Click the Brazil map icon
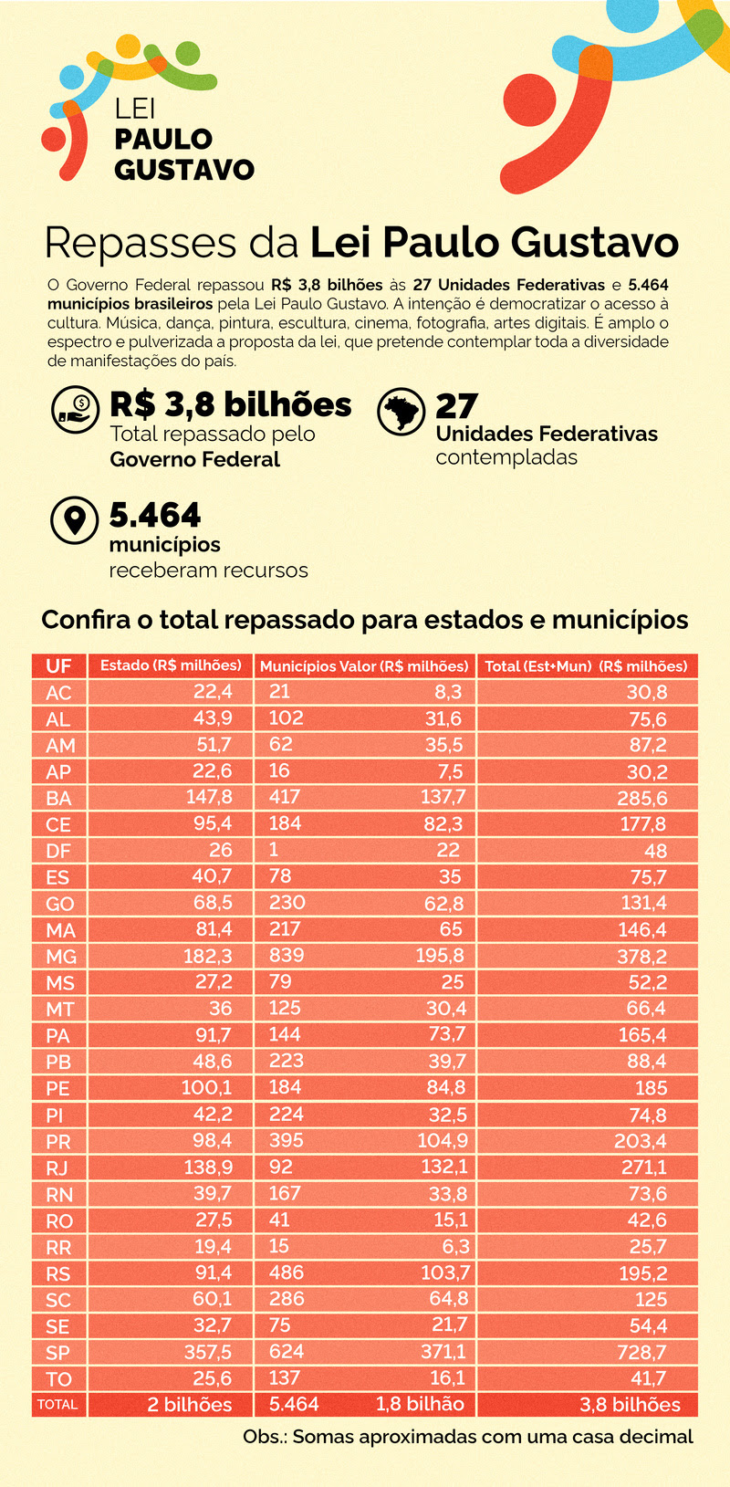[x=401, y=412]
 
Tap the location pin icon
[x=74, y=521]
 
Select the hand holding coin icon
[x=74, y=409]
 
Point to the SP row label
[x=58, y=1353]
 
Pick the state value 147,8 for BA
[x=209, y=797]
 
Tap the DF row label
[x=58, y=850]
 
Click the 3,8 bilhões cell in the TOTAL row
[x=630, y=1405]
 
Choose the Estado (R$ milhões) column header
[x=171, y=665]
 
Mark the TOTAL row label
[x=57, y=1405]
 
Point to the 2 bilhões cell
[x=190, y=1405]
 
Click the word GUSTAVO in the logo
[x=184, y=170]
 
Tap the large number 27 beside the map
[x=457, y=406]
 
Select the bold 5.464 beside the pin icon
[x=155, y=516]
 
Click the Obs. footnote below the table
[x=467, y=1437]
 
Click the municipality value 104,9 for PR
[x=443, y=1141]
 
